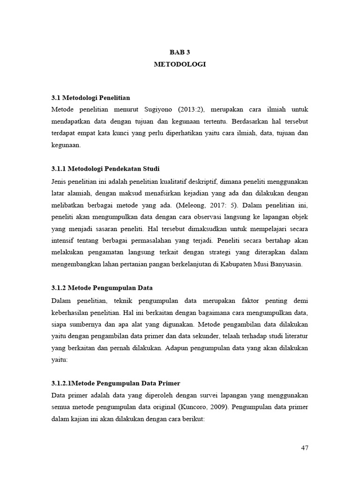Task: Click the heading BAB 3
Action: tap(180, 52)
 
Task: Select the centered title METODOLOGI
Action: tap(180, 65)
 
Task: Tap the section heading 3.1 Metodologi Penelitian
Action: tap(90, 97)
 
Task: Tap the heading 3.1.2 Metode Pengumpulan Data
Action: tap(102, 287)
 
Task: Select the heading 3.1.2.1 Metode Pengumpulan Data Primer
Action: tap(116, 383)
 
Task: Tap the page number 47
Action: tap(304, 448)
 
